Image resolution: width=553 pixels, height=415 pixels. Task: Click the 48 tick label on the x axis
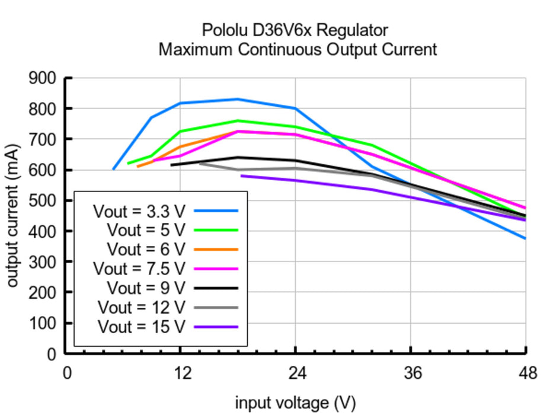click(x=526, y=373)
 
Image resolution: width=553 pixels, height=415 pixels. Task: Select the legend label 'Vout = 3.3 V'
click(x=139, y=211)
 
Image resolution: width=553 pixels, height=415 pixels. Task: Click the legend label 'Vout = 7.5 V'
click(x=139, y=269)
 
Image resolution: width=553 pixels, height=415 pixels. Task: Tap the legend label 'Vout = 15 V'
click(x=142, y=327)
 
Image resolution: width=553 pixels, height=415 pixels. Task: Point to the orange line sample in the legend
click(x=216, y=250)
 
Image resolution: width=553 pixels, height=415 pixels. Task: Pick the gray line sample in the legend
click(x=216, y=307)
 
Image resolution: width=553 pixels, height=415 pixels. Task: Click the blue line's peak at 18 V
click(x=238, y=99)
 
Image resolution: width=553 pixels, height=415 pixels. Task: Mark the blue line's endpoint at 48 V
click(x=526, y=238)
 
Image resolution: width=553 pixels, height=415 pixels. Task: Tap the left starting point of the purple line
click(x=241, y=175)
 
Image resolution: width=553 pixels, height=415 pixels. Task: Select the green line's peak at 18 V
click(x=238, y=120)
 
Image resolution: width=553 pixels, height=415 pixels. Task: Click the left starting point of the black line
click(x=171, y=165)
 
